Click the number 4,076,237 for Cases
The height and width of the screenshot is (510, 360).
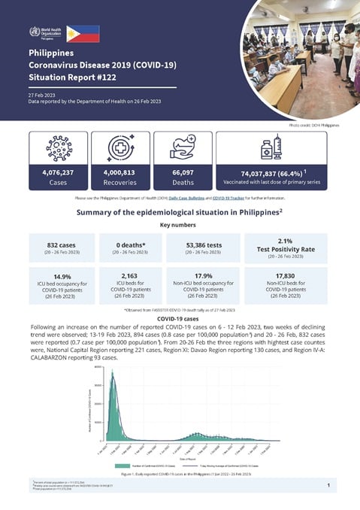(x=59, y=172)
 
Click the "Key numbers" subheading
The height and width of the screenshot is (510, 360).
(x=180, y=224)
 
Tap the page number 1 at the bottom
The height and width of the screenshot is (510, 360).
(x=329, y=485)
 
